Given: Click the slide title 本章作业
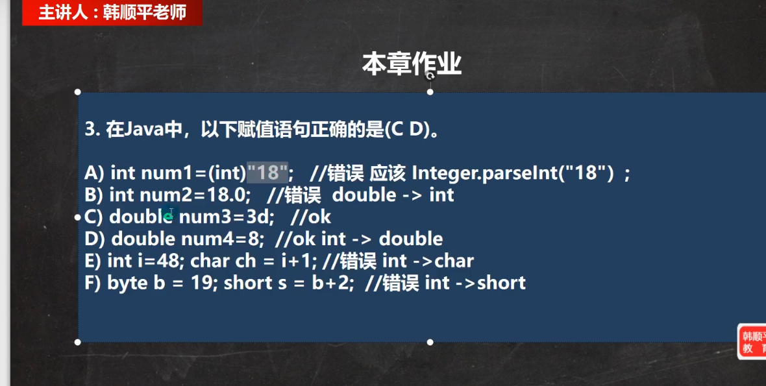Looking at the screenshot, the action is [412, 64].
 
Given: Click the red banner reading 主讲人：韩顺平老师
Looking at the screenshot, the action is [112, 12].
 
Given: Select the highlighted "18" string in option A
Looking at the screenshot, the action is [267, 173].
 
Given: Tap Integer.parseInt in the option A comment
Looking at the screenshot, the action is [485, 173].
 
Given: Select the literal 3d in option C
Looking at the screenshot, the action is [258, 217].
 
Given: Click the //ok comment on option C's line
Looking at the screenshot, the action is [311, 217].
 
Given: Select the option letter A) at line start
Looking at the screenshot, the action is [93, 173].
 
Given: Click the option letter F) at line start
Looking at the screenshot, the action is [93, 283].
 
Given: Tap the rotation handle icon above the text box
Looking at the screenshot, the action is [430, 76].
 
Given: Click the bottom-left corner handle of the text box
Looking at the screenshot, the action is [78, 342].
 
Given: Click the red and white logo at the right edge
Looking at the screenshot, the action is [752, 342].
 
